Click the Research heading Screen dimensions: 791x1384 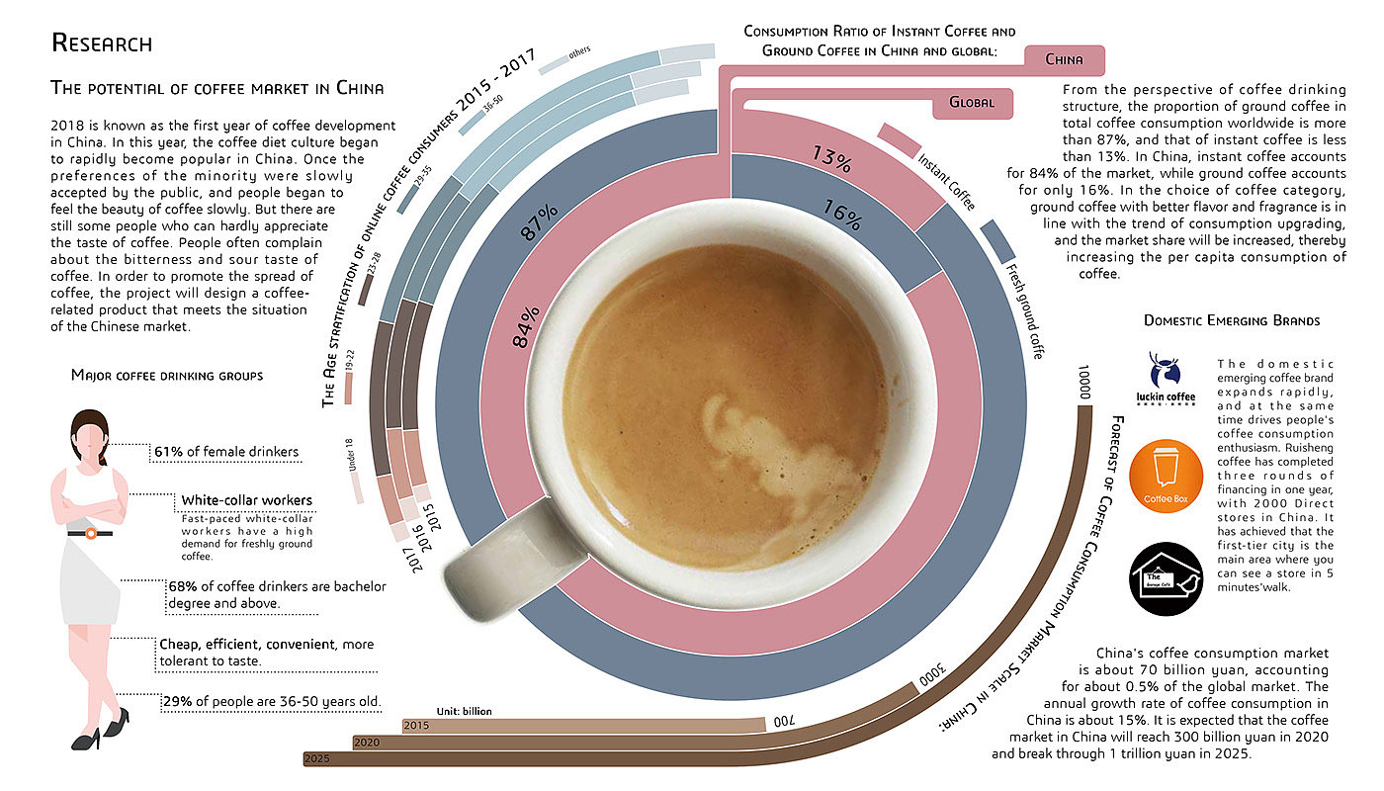click(x=101, y=44)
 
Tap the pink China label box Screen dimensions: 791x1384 click(x=1063, y=60)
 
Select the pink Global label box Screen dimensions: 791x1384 click(x=972, y=103)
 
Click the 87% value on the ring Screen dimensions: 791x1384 click(x=540, y=222)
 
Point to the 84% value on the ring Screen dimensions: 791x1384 click(x=526, y=326)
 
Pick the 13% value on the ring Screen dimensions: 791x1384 click(x=831, y=157)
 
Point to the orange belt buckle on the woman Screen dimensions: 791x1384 click(x=90, y=534)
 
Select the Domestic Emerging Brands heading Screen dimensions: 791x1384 click(x=1231, y=320)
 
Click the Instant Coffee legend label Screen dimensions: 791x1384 click(x=946, y=181)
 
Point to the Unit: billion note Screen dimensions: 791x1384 click(x=464, y=711)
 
